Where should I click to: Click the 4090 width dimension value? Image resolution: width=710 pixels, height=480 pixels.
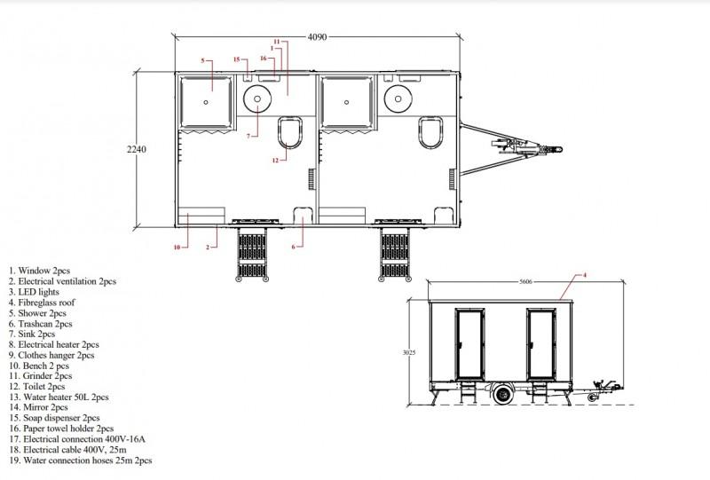click(317, 37)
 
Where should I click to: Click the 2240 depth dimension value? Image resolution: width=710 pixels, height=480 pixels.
click(137, 149)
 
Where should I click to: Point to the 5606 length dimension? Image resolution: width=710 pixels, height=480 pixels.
click(525, 282)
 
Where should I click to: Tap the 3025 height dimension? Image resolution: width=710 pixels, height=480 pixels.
click(409, 352)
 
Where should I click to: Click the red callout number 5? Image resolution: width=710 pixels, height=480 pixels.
click(203, 60)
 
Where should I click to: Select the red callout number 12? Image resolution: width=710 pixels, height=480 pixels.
click(275, 161)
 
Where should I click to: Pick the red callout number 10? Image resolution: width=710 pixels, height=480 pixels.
click(177, 248)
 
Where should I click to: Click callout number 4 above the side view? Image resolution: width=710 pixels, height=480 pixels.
click(585, 275)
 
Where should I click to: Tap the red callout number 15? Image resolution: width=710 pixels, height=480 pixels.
click(236, 59)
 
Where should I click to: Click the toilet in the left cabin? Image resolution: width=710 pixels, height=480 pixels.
click(290, 133)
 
